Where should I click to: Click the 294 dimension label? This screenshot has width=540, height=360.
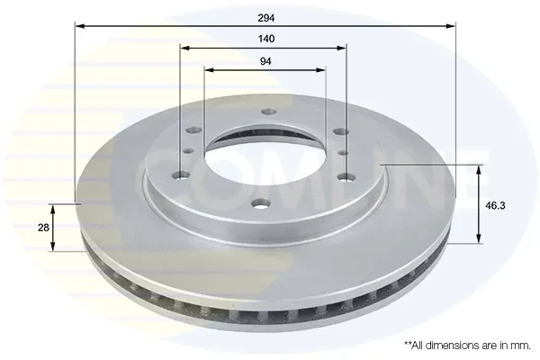[x=266, y=18]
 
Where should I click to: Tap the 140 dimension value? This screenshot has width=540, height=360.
[x=266, y=39]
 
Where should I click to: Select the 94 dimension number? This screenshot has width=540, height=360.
[x=265, y=61]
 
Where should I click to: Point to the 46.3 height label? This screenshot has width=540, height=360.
[x=495, y=206]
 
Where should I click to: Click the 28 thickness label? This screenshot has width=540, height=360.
[x=43, y=228]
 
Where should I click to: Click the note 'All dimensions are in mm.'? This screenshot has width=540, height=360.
[x=467, y=345]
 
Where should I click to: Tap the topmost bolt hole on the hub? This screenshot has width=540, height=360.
[x=268, y=112]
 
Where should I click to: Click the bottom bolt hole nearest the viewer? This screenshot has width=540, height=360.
[x=261, y=204]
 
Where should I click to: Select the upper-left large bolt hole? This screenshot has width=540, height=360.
[x=193, y=130]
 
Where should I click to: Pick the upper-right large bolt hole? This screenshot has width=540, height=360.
[x=341, y=131]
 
